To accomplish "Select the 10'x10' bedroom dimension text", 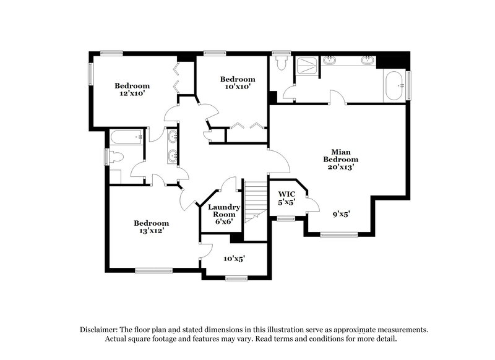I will (x=238, y=87).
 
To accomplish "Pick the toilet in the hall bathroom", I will (x=117, y=157).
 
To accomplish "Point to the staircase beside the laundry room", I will (x=254, y=201).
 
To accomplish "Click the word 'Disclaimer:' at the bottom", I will (x=100, y=330).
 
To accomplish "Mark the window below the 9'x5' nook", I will (x=338, y=234).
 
